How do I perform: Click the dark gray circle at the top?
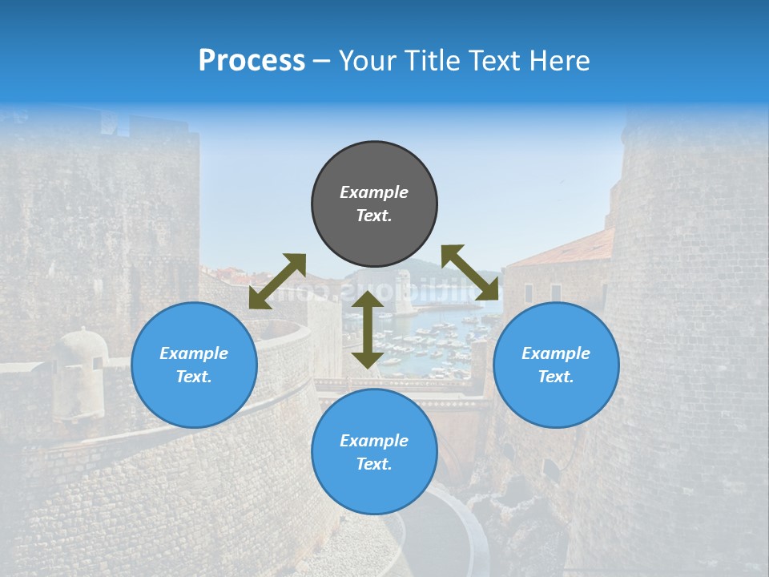(x=374, y=204)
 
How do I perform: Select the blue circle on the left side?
(x=194, y=365)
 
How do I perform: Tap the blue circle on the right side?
(x=556, y=365)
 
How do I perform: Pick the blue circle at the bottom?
(x=374, y=452)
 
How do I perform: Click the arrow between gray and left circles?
(x=277, y=280)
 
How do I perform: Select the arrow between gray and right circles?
(x=470, y=272)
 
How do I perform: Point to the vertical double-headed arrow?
(x=368, y=329)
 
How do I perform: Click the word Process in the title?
(x=252, y=60)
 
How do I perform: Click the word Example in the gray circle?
(x=374, y=192)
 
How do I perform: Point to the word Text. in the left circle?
(x=194, y=377)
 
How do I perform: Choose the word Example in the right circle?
(x=556, y=353)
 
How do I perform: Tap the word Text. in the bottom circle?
(x=374, y=464)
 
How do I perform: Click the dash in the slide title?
(x=321, y=61)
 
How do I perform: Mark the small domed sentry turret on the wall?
(x=79, y=353)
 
